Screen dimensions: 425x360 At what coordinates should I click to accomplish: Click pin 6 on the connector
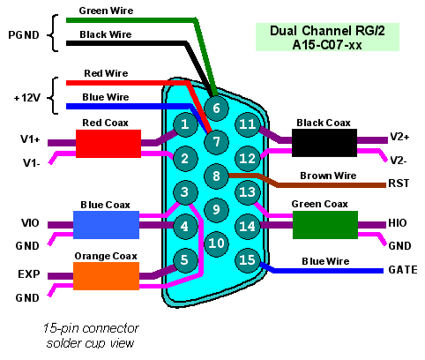216,109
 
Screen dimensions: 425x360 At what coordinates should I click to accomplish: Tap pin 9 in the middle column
216,210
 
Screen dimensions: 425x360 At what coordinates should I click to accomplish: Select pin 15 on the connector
248,260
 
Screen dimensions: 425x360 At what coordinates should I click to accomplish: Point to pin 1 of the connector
185,124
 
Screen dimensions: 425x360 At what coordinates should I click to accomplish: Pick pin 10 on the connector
216,244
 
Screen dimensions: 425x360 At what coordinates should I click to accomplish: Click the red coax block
108,144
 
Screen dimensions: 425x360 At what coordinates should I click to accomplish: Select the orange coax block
106,276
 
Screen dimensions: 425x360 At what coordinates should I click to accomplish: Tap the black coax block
324,143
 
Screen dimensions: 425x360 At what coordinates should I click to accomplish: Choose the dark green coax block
325,225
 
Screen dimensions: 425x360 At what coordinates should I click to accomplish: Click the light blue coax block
106,225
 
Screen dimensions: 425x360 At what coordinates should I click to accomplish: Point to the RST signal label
399,184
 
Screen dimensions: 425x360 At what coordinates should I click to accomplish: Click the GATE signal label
403,270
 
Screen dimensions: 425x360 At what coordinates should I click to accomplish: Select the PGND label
24,35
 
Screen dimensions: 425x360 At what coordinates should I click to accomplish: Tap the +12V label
27,98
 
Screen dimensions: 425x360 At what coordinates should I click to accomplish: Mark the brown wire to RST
307,180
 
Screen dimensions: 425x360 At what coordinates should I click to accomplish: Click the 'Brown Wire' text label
328,176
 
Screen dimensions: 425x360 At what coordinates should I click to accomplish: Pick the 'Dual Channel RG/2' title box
327,37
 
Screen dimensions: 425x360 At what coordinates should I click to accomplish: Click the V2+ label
399,137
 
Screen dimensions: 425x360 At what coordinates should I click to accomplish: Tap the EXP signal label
29,274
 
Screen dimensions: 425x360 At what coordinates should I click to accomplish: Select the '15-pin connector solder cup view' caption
91,335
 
